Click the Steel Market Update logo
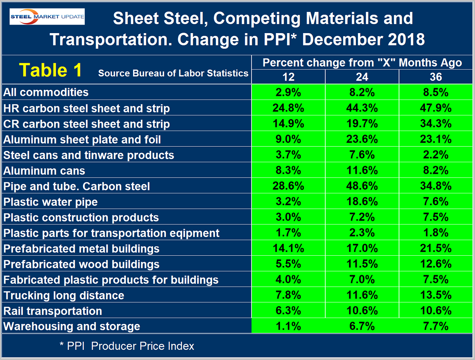click(47, 17)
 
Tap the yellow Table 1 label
click(50, 70)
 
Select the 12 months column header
click(288, 77)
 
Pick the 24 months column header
click(362, 77)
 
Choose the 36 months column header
click(436, 77)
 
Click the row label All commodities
click(46, 92)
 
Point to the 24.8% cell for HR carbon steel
click(288, 108)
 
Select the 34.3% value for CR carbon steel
click(436, 124)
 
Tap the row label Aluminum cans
click(44, 171)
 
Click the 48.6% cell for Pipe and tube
click(362, 186)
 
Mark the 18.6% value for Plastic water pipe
click(362, 202)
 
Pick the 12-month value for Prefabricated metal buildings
click(288, 248)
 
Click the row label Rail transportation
click(53, 311)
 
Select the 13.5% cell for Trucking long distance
click(436, 296)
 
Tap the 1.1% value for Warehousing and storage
click(288, 327)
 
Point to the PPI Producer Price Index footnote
click(127, 346)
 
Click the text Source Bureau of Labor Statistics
click(173, 73)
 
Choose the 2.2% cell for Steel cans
click(436, 155)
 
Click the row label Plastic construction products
click(81, 218)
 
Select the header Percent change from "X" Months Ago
click(362, 63)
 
